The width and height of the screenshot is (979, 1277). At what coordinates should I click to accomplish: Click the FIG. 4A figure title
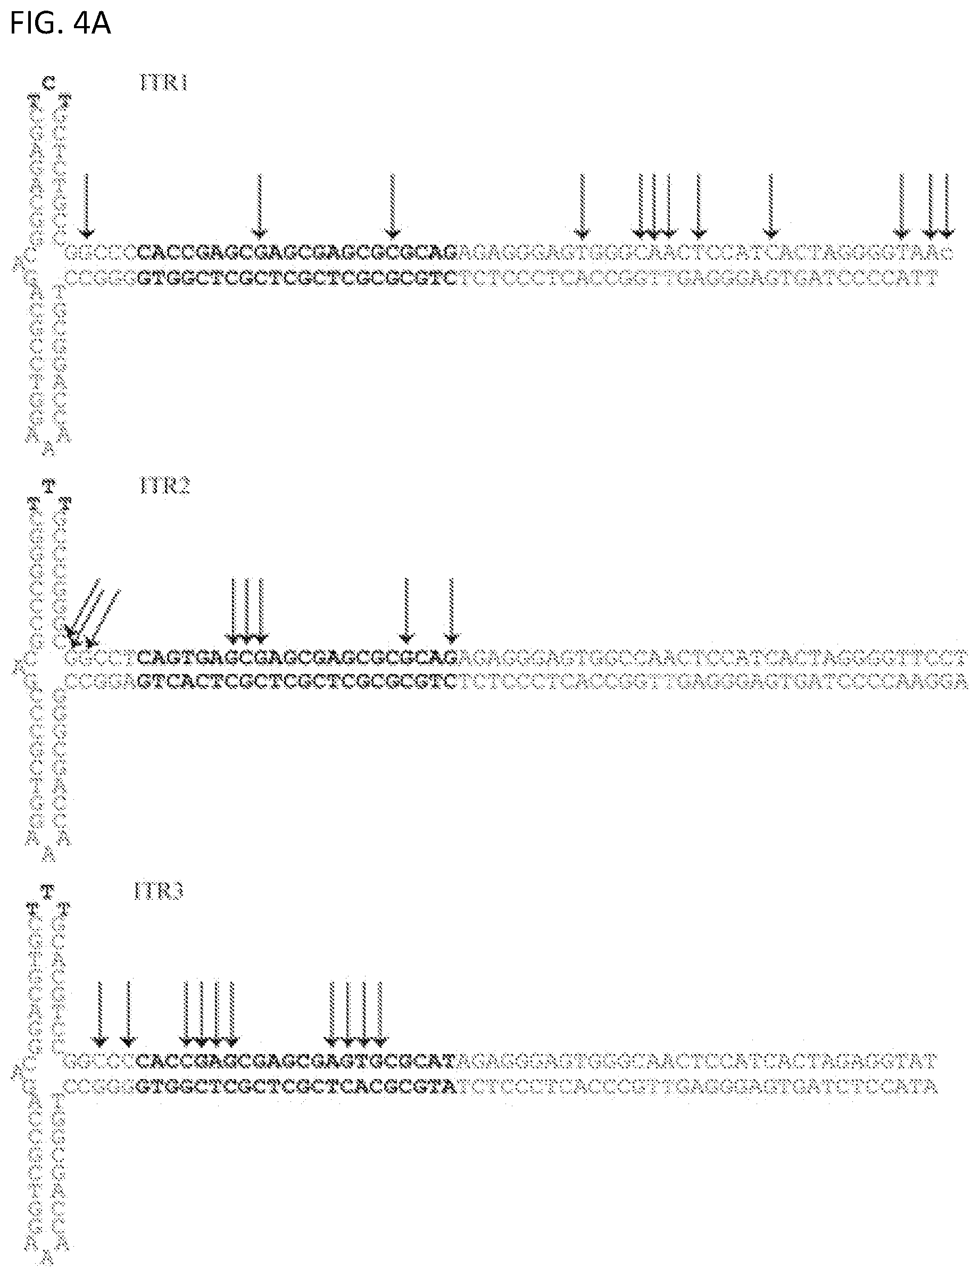click(x=60, y=24)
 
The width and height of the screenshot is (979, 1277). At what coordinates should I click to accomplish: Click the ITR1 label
click(x=164, y=83)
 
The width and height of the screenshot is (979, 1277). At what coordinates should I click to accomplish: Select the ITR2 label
click(x=165, y=485)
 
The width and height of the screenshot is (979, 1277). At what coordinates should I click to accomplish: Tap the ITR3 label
click(x=159, y=891)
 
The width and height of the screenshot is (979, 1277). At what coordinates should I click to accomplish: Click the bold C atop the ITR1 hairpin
click(x=49, y=83)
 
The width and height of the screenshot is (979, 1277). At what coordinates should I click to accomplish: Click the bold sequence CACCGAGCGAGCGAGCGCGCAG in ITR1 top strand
click(x=298, y=252)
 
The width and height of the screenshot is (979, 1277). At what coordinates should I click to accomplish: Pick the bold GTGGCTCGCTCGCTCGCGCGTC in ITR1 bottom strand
click(x=298, y=279)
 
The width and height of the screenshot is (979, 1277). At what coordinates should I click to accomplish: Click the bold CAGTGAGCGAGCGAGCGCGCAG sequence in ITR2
click(x=298, y=658)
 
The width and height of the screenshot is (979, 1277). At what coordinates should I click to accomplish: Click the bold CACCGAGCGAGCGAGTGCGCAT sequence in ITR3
click(x=295, y=1062)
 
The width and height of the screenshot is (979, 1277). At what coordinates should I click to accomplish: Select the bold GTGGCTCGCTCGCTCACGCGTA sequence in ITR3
click(x=295, y=1087)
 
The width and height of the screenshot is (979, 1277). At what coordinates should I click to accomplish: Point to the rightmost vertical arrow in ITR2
click(x=452, y=610)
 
